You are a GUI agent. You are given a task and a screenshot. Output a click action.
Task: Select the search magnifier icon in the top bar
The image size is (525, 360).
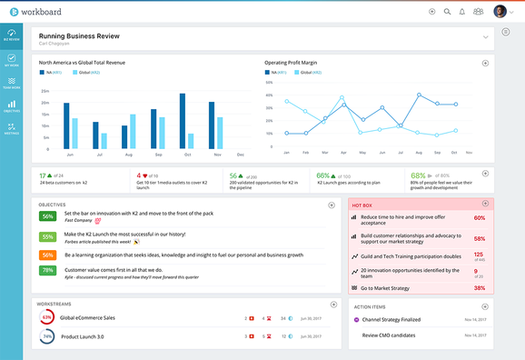pos(447,11)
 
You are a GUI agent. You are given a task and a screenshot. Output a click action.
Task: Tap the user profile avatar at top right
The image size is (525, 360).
pos(500,11)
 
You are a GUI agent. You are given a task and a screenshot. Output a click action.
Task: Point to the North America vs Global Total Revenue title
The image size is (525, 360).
pos(94,63)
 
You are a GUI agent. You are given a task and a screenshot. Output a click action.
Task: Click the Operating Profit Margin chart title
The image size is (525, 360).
pos(292,63)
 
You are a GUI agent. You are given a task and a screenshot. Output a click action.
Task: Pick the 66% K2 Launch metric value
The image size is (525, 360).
pos(323,175)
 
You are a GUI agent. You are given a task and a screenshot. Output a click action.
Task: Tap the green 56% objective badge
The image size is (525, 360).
pos(48,216)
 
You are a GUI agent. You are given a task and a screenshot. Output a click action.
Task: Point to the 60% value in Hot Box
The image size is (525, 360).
pos(479,218)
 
